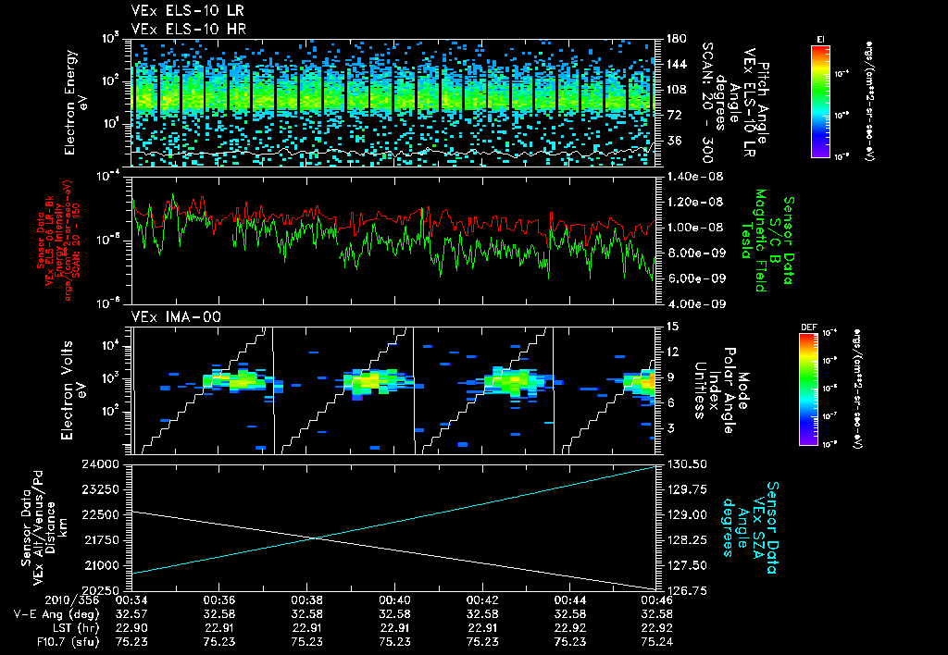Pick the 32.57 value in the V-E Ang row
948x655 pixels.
point(132,613)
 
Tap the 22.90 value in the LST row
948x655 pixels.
point(132,626)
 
